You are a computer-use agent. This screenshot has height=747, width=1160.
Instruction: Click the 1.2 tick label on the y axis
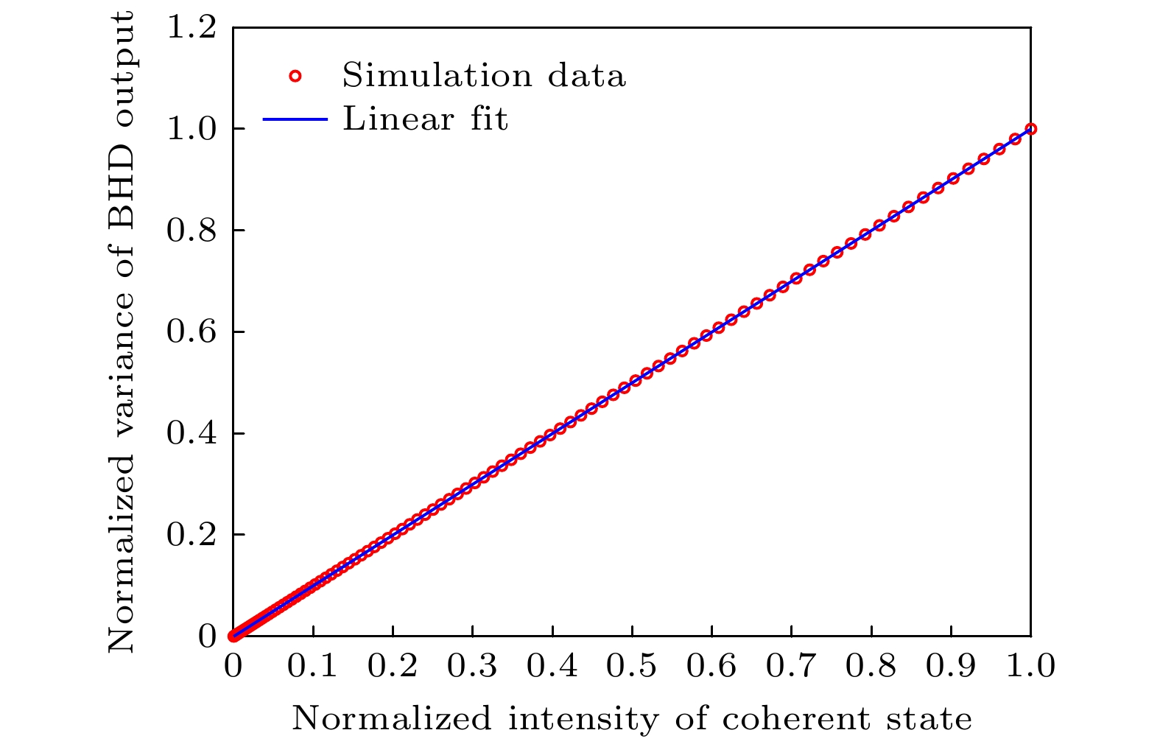click(191, 28)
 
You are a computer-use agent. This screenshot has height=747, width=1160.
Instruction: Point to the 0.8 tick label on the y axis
click(191, 231)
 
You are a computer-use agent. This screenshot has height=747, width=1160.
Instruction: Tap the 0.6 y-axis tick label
click(191, 332)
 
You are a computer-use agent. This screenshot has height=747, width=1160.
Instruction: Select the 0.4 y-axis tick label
click(191, 433)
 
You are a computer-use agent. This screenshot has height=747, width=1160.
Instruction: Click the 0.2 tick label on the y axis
click(191, 535)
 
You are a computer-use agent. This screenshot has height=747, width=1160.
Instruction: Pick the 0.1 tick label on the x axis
click(312, 666)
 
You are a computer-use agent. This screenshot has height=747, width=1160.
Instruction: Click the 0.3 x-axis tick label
click(472, 666)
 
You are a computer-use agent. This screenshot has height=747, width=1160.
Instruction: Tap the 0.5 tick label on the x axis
click(631, 666)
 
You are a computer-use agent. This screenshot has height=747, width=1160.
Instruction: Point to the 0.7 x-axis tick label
click(791, 666)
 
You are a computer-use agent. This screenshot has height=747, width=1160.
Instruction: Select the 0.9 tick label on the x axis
click(950, 666)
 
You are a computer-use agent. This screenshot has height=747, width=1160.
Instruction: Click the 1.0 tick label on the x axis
click(1030, 666)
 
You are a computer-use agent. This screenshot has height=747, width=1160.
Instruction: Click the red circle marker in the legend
click(295, 76)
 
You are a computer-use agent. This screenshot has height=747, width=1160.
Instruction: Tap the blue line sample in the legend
click(295, 119)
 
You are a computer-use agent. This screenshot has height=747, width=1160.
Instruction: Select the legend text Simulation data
click(484, 76)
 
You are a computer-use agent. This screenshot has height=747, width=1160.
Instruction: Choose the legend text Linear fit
click(425, 119)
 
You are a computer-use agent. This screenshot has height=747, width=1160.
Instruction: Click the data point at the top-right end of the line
click(1030, 129)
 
